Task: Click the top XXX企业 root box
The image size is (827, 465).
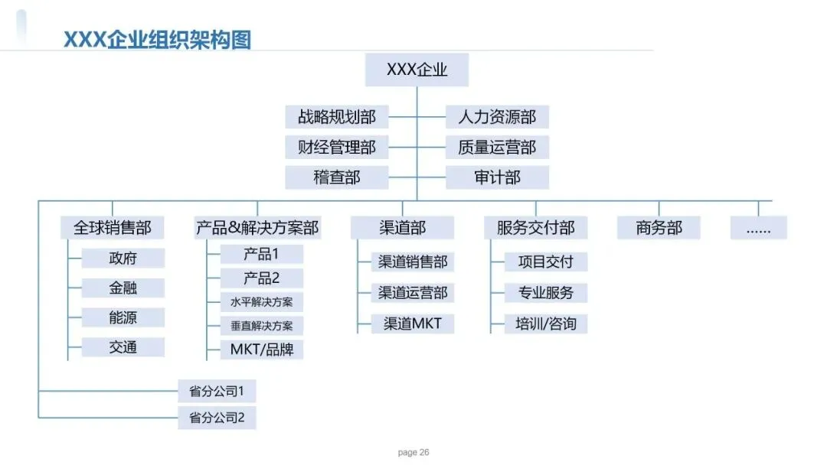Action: click(x=417, y=70)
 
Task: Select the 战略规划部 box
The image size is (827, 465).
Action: click(x=336, y=117)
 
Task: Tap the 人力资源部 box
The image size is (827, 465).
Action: click(x=497, y=117)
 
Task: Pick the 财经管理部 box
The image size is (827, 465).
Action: click(x=336, y=148)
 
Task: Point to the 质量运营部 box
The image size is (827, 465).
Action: click(x=497, y=148)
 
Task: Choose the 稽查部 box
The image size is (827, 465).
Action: click(x=336, y=177)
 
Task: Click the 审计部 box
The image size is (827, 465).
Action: click(x=497, y=177)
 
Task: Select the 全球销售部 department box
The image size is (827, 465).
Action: click(x=113, y=227)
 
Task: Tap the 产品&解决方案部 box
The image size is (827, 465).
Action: click(x=257, y=227)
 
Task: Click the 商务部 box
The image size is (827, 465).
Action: click(x=659, y=227)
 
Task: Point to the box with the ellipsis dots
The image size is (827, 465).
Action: click(x=758, y=227)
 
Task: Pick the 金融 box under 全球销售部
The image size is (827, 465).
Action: click(x=123, y=288)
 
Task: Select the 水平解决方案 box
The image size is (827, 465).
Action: click(x=262, y=302)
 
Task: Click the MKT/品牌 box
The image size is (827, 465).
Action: click(x=262, y=350)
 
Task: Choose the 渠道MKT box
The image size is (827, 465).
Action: click(x=413, y=324)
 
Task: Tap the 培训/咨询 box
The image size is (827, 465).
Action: click(x=546, y=324)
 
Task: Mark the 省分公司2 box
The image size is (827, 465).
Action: click(x=217, y=418)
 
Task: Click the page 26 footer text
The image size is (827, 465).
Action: click(x=413, y=452)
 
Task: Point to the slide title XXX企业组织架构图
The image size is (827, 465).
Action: click(x=157, y=40)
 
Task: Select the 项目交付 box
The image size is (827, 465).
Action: click(x=546, y=262)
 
